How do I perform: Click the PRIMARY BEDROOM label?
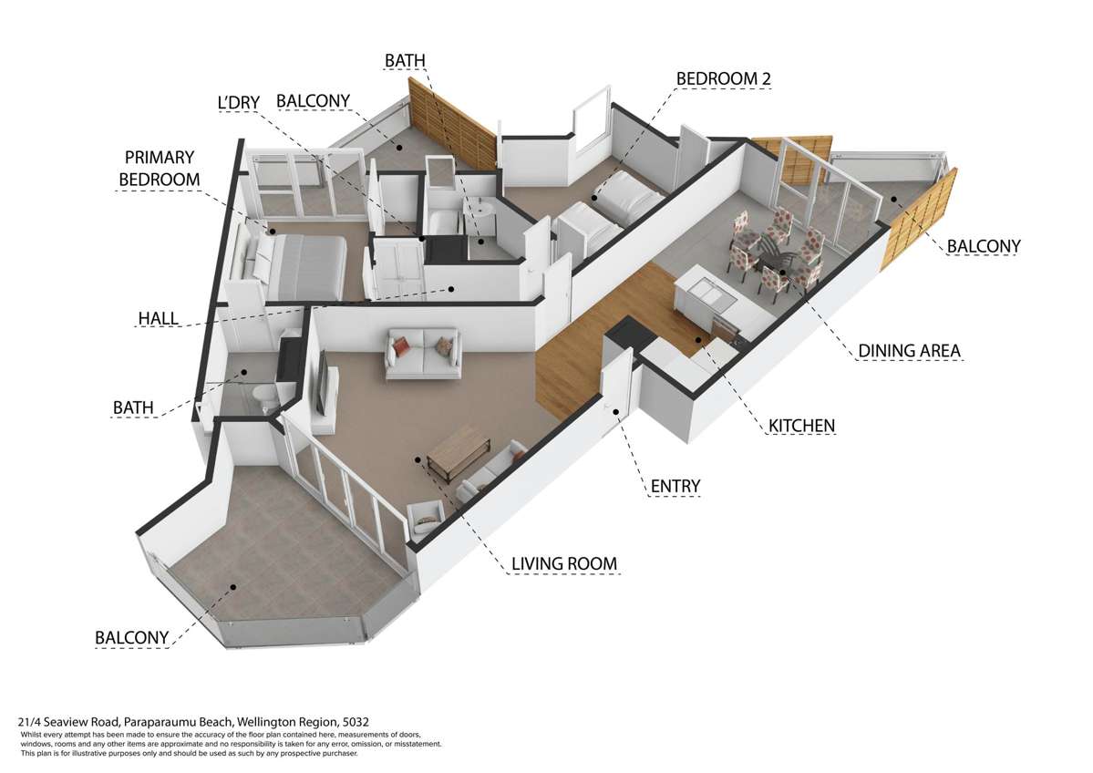(160, 169)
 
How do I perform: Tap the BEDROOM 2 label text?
(723, 79)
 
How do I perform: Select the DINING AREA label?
(909, 351)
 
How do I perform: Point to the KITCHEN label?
(801, 426)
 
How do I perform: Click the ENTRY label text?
(675, 487)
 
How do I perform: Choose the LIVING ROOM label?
(562, 564)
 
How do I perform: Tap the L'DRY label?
(239, 103)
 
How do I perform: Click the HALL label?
(159, 318)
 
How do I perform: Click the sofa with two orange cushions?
(423, 353)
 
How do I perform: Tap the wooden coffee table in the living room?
(460, 453)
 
